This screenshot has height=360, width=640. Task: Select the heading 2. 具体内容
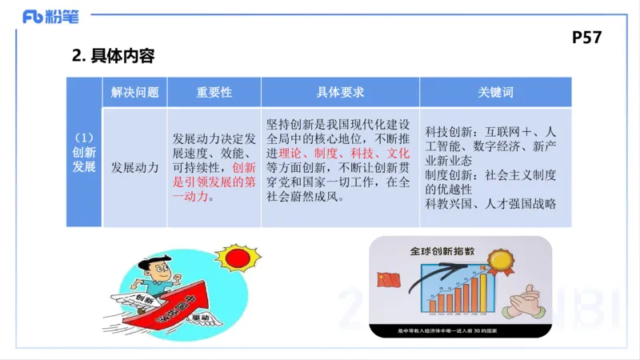point(113,56)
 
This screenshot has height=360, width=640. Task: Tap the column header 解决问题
point(135,92)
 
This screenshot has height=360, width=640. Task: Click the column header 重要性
point(214,92)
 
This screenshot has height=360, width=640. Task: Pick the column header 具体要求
point(340,92)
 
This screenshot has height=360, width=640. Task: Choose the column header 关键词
point(496,92)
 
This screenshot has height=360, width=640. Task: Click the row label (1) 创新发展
point(84,152)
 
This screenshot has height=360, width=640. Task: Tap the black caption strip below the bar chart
point(459,331)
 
